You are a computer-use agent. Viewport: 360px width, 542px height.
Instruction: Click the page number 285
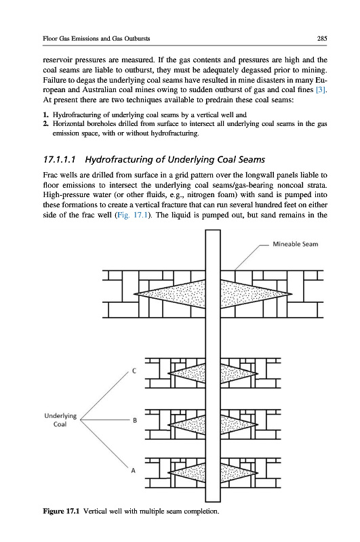point(322,39)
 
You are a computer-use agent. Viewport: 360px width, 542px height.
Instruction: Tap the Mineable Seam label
point(296,244)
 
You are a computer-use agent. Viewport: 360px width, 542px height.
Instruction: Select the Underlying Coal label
point(60,419)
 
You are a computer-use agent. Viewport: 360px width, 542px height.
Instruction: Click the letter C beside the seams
point(134,371)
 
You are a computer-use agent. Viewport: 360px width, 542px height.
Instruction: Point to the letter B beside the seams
point(135,420)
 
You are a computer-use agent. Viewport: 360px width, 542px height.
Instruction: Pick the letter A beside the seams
point(133,470)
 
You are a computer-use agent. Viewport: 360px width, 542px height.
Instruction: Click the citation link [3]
point(321,90)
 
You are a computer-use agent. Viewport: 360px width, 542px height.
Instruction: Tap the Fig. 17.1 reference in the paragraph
point(132,215)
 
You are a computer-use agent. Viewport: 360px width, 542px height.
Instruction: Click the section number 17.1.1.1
point(60,160)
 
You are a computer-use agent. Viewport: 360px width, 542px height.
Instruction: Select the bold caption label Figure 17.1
point(62,511)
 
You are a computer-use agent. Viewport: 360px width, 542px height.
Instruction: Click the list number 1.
point(45,114)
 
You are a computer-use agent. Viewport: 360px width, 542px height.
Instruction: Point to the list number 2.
point(45,124)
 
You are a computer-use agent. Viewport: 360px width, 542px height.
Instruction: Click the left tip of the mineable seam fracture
point(134,294)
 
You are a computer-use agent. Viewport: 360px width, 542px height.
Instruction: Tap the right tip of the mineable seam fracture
point(292,294)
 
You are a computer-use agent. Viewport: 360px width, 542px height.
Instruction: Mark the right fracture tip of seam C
point(258,373)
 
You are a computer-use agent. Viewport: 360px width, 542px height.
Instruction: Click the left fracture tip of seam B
point(168,425)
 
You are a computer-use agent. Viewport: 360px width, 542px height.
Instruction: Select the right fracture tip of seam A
point(258,472)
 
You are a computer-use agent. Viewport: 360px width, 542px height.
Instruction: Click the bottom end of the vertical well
point(213,501)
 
